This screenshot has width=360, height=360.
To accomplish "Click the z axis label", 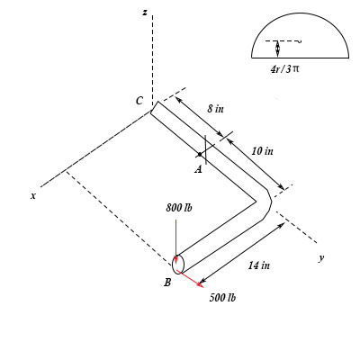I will point(144,12).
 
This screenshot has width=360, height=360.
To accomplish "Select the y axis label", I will point(320,258).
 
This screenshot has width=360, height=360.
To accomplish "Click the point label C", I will point(139,102).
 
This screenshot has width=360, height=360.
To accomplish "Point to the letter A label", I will point(198,167).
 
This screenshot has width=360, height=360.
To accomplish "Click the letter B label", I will point(167,283).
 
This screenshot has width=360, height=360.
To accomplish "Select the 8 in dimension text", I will point(215,108).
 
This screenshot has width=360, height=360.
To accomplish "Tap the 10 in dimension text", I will point(262,151).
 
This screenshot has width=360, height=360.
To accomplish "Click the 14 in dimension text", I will point(259,265).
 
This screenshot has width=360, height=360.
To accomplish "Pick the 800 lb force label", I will point(180,208).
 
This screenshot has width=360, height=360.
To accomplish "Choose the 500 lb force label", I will point(222,297).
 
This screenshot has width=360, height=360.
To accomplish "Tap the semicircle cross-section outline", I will point(299,20).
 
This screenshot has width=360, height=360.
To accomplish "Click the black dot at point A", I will point(200,154).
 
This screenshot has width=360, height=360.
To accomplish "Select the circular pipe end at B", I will point(178,264).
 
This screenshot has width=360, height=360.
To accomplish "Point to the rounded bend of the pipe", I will point(265,202).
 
